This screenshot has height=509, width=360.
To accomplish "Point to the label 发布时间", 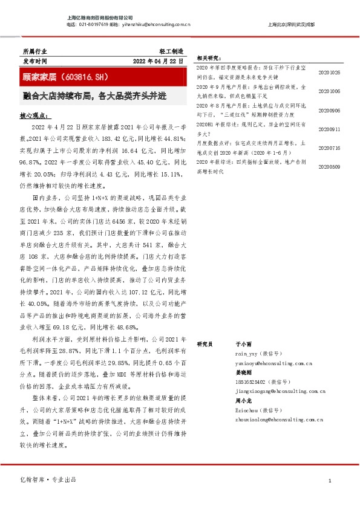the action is [x=34, y=61].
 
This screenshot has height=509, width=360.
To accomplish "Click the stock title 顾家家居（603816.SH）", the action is [x=65, y=77].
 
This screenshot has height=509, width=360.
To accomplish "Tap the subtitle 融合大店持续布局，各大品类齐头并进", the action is [x=94, y=96].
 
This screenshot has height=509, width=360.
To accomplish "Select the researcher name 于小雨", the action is [x=243, y=343].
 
